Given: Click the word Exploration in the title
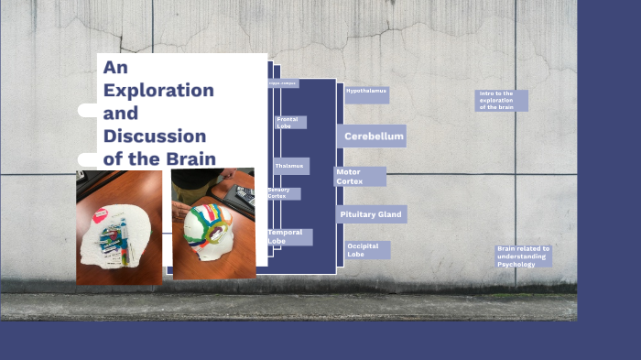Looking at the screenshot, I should point(158,91).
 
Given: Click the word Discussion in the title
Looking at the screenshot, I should point(155,136).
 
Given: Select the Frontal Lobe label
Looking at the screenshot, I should point(290,122).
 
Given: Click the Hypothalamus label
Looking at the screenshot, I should point(366,92).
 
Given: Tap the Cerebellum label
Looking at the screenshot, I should point(374,136).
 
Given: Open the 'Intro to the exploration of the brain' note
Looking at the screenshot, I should point(501,100).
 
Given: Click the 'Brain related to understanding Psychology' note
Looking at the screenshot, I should point(523,256).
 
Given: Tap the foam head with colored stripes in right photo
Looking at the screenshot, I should point(213,229).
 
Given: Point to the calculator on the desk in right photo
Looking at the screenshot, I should point(244,195).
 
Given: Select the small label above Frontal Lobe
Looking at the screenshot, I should point(283,83).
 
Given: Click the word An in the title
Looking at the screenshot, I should point(114,68).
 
